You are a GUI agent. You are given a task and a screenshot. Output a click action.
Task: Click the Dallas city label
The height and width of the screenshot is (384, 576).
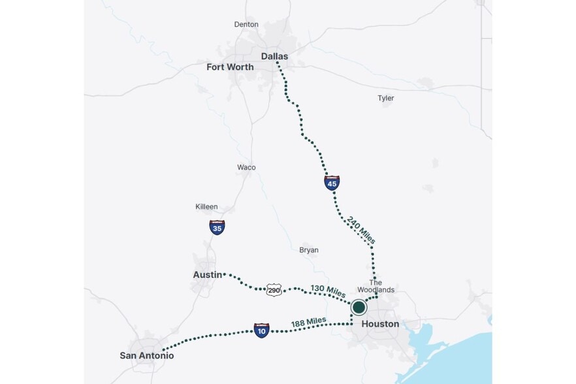click(274, 56)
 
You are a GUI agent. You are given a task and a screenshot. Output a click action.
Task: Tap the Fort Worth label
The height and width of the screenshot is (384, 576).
click(230, 67)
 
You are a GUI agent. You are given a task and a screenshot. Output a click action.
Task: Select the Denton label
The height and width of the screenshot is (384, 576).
click(246, 25)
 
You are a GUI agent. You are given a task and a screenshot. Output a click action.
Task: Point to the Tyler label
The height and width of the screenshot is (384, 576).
click(386, 98)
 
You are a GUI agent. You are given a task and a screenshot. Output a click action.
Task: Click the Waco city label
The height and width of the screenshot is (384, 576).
click(246, 167)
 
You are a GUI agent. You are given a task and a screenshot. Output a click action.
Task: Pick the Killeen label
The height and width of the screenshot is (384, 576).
click(206, 206)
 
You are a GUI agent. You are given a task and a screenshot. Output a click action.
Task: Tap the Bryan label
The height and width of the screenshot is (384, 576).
click(309, 250)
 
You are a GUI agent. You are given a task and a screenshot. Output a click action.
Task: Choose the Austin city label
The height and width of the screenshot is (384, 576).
click(208, 275)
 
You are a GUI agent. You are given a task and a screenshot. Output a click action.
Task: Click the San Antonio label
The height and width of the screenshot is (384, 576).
click(147, 356)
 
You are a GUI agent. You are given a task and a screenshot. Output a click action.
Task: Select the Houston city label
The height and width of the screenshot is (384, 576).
click(380, 324)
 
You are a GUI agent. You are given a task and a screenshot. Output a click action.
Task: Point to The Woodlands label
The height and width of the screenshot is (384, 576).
click(376, 286)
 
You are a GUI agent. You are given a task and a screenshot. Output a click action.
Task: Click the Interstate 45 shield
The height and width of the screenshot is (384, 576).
click(332, 183)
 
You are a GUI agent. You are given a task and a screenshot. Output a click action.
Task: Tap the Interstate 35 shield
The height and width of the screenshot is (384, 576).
click(217, 227)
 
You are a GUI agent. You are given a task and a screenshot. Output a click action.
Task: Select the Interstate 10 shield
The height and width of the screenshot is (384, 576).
click(261, 330)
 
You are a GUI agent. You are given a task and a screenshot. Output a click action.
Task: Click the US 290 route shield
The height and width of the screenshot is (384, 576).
click(274, 289)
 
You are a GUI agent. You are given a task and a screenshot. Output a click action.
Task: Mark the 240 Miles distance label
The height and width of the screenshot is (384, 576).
click(361, 230)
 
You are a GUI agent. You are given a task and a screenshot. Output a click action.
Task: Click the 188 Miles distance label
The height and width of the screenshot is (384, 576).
click(308, 322)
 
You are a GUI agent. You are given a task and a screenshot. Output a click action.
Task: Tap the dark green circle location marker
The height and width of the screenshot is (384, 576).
click(359, 307)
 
